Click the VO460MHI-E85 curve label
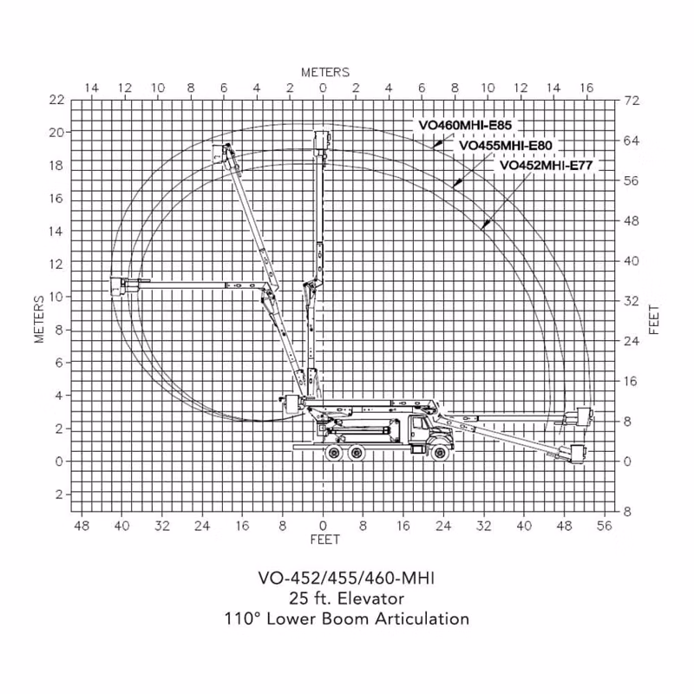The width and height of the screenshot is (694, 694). [465, 125]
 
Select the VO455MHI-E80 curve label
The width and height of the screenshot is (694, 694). [506, 145]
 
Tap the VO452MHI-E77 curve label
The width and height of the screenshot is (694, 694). [546, 165]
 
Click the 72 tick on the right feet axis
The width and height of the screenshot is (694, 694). [632, 101]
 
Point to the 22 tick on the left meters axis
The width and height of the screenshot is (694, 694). [56, 100]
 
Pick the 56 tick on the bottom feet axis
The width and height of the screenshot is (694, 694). [604, 526]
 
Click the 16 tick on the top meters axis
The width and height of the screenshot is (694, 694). [586, 88]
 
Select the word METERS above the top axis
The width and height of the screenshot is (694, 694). [325, 72]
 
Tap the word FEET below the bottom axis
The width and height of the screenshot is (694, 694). [325, 540]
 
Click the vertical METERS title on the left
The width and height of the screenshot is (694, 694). [39, 319]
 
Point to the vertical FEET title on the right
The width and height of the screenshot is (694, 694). [654, 319]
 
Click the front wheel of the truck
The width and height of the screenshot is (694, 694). [440, 452]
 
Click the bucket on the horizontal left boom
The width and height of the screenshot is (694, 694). [117, 285]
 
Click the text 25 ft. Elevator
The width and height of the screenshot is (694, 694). [346, 599]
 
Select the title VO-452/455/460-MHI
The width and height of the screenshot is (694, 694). [346, 578]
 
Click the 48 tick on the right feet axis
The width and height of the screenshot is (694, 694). [632, 221]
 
